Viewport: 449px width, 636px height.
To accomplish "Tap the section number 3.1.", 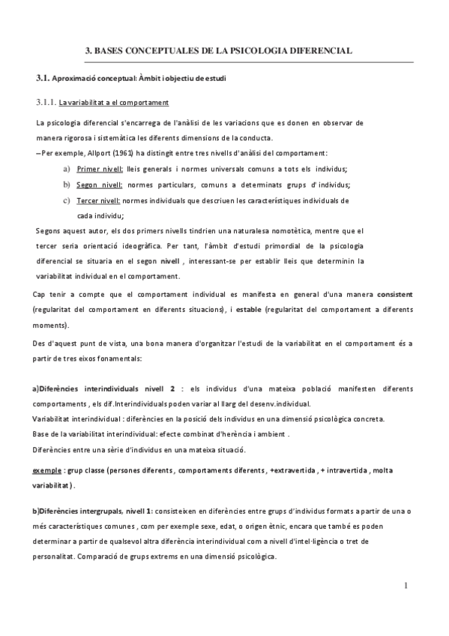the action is [42, 78].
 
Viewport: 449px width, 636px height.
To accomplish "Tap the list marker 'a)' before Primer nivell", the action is [67, 169].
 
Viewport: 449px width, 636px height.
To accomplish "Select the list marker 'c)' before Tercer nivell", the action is [67, 200].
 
